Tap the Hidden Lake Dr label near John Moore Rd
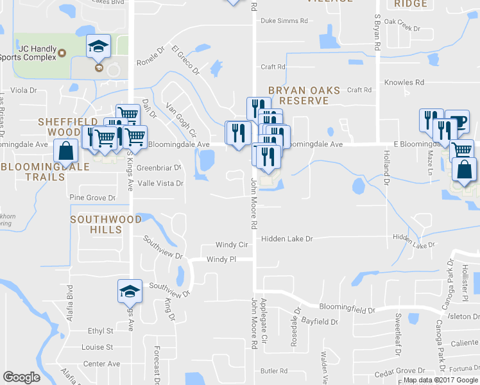[286, 239]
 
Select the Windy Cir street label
[232, 245]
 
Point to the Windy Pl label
[221, 259]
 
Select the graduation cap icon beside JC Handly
[99, 46]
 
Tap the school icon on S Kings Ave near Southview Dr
[129, 291]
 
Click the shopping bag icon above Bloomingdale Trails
[67, 151]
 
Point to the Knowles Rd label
[404, 83]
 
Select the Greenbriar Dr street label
[159, 168]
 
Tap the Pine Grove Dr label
[92, 198]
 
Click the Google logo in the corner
[22, 377]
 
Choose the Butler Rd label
[274, 371]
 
